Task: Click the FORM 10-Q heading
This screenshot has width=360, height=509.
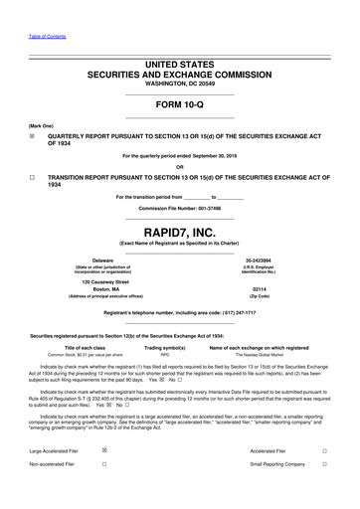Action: click(x=180, y=103)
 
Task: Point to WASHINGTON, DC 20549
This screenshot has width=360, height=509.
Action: click(x=180, y=82)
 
